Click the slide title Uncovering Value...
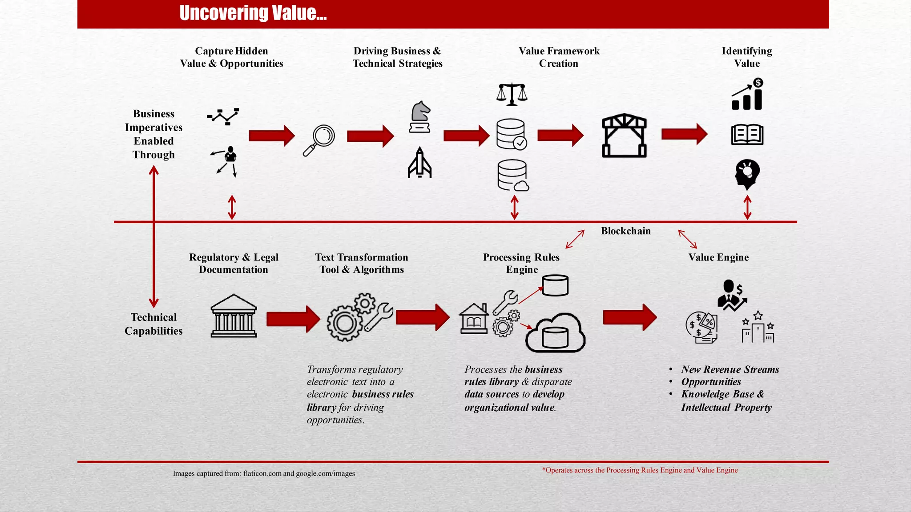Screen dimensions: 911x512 pos(253,13)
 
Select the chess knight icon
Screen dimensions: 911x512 pos(420,117)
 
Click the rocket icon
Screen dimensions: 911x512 pos(419,163)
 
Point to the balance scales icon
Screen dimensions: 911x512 pos(512,94)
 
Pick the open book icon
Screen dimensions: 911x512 pos(747,135)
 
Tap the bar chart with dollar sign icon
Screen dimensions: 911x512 pos(747,94)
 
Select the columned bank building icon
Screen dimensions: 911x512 pos(234,316)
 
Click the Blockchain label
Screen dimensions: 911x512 pos(625,231)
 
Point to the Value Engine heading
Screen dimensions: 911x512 pos(718,257)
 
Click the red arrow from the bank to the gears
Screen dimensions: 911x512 pos(293,319)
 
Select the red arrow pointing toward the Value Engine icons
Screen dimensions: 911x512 pos(629,317)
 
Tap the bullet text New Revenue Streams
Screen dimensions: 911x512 pos(730,369)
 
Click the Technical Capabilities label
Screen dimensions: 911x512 pos(153,324)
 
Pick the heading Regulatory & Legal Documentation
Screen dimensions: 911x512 pos(234,263)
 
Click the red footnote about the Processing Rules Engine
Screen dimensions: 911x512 pos(640,470)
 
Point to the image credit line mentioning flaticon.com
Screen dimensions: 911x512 pos(264,474)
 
